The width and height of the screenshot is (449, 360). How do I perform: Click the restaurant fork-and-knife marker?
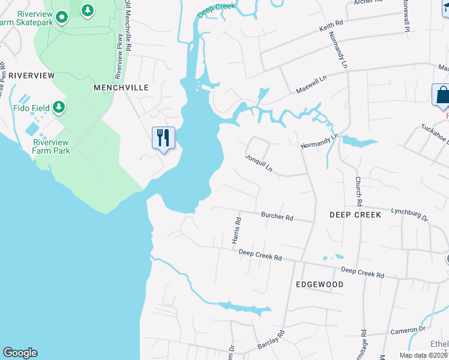click(163, 138)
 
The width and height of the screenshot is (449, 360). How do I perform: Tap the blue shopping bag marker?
click(442, 95)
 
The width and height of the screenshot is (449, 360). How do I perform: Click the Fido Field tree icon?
click(58, 107)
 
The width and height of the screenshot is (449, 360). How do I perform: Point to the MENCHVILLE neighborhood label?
click(121, 88)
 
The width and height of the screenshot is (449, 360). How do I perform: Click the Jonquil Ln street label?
click(259, 163)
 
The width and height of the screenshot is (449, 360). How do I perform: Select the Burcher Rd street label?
click(277, 217)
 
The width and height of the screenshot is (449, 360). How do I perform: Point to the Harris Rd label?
click(237, 230)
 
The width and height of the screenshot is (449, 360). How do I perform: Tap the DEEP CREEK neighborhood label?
click(355, 214)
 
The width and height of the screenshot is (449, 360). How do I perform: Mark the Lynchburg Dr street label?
click(409, 214)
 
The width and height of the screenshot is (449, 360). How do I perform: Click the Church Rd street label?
click(358, 189)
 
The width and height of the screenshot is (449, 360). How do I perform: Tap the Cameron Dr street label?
click(408, 329)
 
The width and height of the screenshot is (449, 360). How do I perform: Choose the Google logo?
click(20, 353)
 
